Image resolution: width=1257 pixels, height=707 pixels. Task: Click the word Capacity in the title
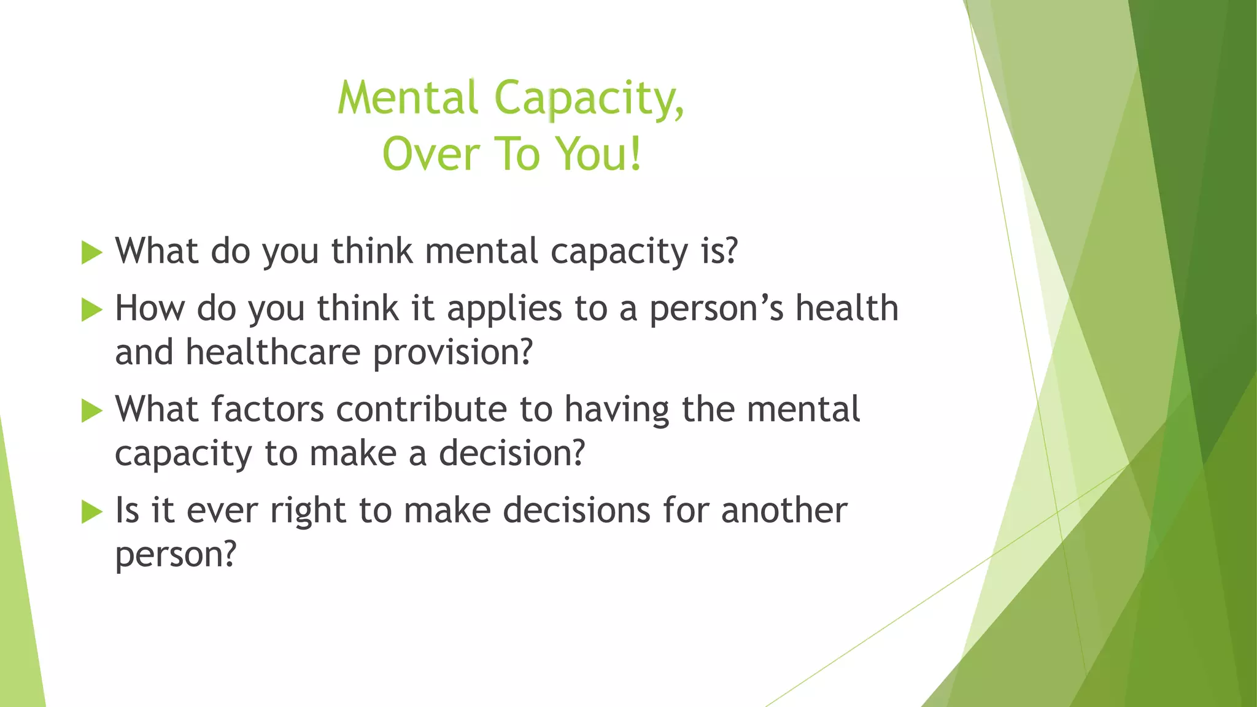pyautogui.click(x=589, y=99)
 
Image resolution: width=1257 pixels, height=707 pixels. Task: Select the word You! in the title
pyautogui.click(x=599, y=154)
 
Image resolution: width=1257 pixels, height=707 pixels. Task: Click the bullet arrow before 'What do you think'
pyautogui.click(x=91, y=252)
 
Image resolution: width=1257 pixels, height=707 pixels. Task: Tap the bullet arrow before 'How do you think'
pyautogui.click(x=91, y=309)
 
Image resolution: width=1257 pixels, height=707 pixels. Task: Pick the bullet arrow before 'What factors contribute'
pyautogui.click(x=91, y=411)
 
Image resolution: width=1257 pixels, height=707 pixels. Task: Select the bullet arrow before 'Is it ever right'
pyautogui.click(x=91, y=511)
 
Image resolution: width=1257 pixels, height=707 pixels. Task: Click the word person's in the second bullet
pyautogui.click(x=716, y=309)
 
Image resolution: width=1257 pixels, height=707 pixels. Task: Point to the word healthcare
pyautogui.click(x=273, y=353)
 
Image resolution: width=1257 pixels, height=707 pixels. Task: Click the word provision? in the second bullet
pyautogui.click(x=452, y=353)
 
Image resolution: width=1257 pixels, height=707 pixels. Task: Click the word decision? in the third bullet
pyautogui.click(x=512, y=454)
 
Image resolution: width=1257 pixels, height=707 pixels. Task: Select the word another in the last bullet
pyautogui.click(x=784, y=511)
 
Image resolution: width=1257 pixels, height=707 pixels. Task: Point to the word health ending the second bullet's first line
pyautogui.click(x=847, y=308)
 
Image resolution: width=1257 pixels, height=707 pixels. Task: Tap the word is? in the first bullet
pyautogui.click(x=719, y=252)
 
